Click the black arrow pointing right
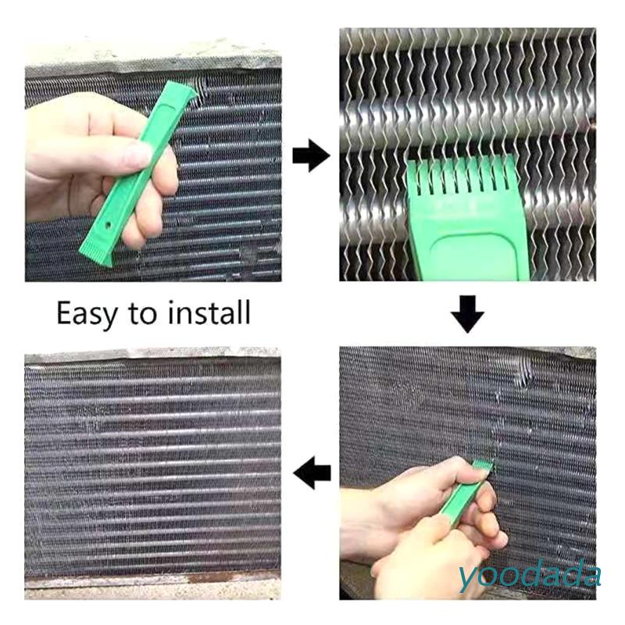[311, 156]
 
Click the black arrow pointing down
[467, 314]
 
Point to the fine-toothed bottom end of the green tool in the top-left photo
[91, 251]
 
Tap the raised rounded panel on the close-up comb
[469, 254]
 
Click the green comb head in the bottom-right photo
[480, 470]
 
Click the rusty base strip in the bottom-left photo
[152, 582]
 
